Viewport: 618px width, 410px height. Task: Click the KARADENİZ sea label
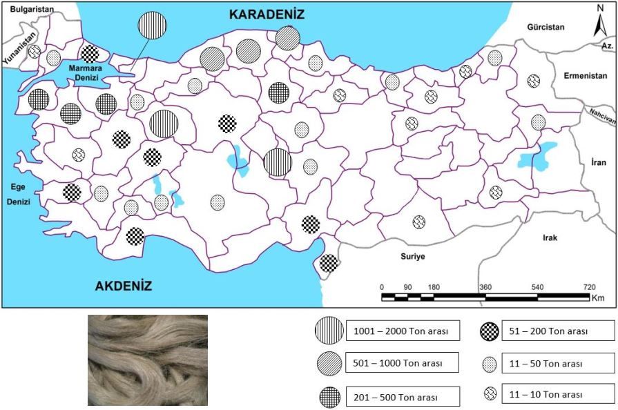point(267,14)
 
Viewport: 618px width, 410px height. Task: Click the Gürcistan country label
point(545,27)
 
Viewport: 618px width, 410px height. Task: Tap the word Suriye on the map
point(412,256)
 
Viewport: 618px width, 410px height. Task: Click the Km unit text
point(598,298)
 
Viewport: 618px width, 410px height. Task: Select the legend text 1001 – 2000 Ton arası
point(396,331)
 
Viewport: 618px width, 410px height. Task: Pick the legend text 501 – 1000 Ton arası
point(396,362)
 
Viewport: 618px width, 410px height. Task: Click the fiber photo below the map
point(148,360)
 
